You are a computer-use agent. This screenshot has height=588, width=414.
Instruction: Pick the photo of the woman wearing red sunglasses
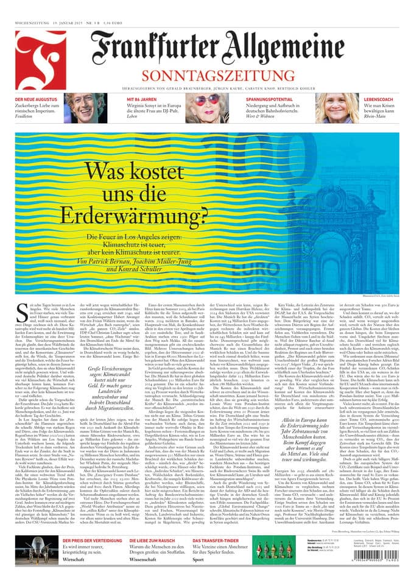211,107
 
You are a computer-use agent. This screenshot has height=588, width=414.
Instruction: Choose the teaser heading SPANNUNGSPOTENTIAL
265,98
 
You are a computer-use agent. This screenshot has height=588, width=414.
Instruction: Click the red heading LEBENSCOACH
378,98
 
